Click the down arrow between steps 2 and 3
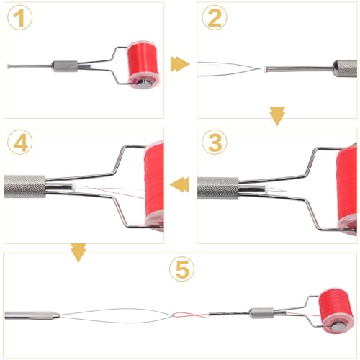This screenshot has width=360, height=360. click(276, 115)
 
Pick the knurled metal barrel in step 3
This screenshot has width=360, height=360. click(219, 188)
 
